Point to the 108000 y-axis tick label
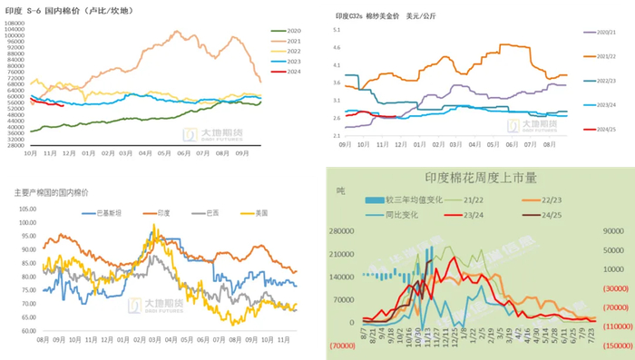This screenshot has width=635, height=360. [x=15, y=23]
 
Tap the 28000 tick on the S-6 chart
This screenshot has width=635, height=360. [x=15, y=145]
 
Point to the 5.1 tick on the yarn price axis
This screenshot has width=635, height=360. [x=335, y=30]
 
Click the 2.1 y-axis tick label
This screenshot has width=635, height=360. [x=335, y=135]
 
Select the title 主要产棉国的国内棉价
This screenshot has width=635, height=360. [x=51, y=192]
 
